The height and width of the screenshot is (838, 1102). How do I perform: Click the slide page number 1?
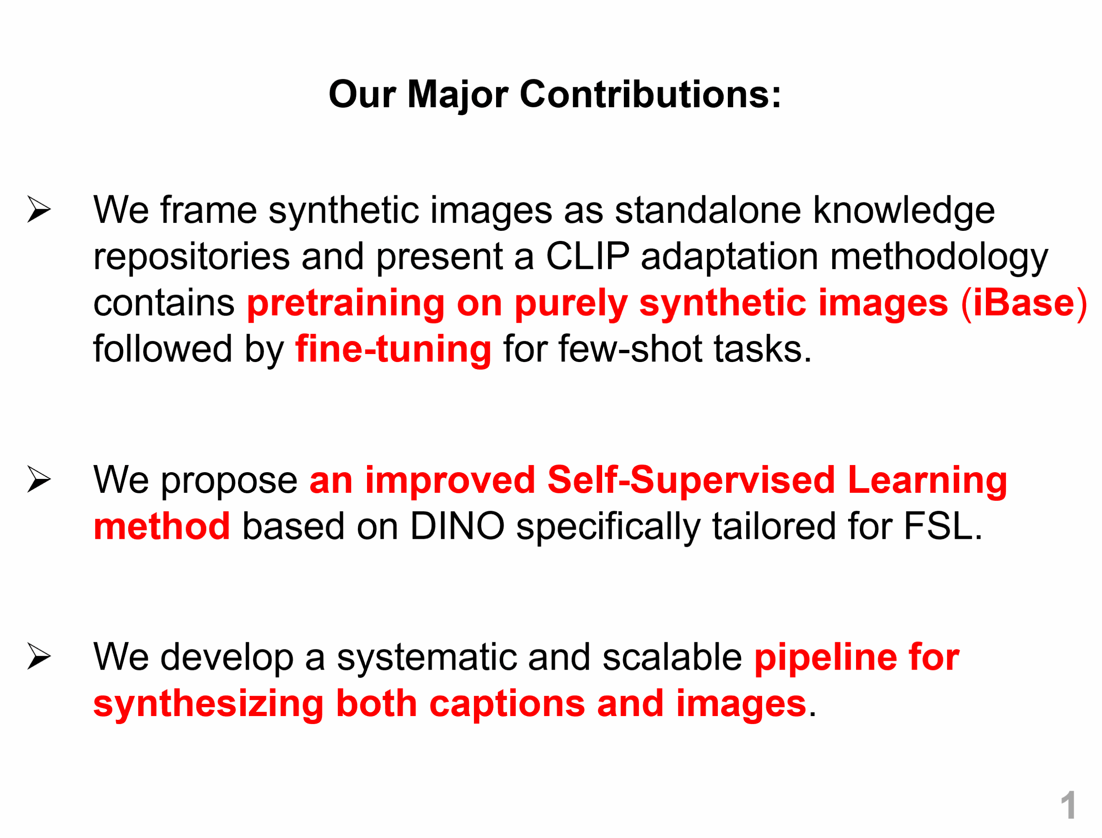[x=1067, y=804]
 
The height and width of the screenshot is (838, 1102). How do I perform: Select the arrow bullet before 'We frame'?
[x=39, y=209]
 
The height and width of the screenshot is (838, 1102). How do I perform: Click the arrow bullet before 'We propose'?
[x=39, y=480]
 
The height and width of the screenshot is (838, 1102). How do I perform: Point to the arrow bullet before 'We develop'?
[x=39, y=657]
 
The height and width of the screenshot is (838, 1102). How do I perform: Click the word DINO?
[x=457, y=527]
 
